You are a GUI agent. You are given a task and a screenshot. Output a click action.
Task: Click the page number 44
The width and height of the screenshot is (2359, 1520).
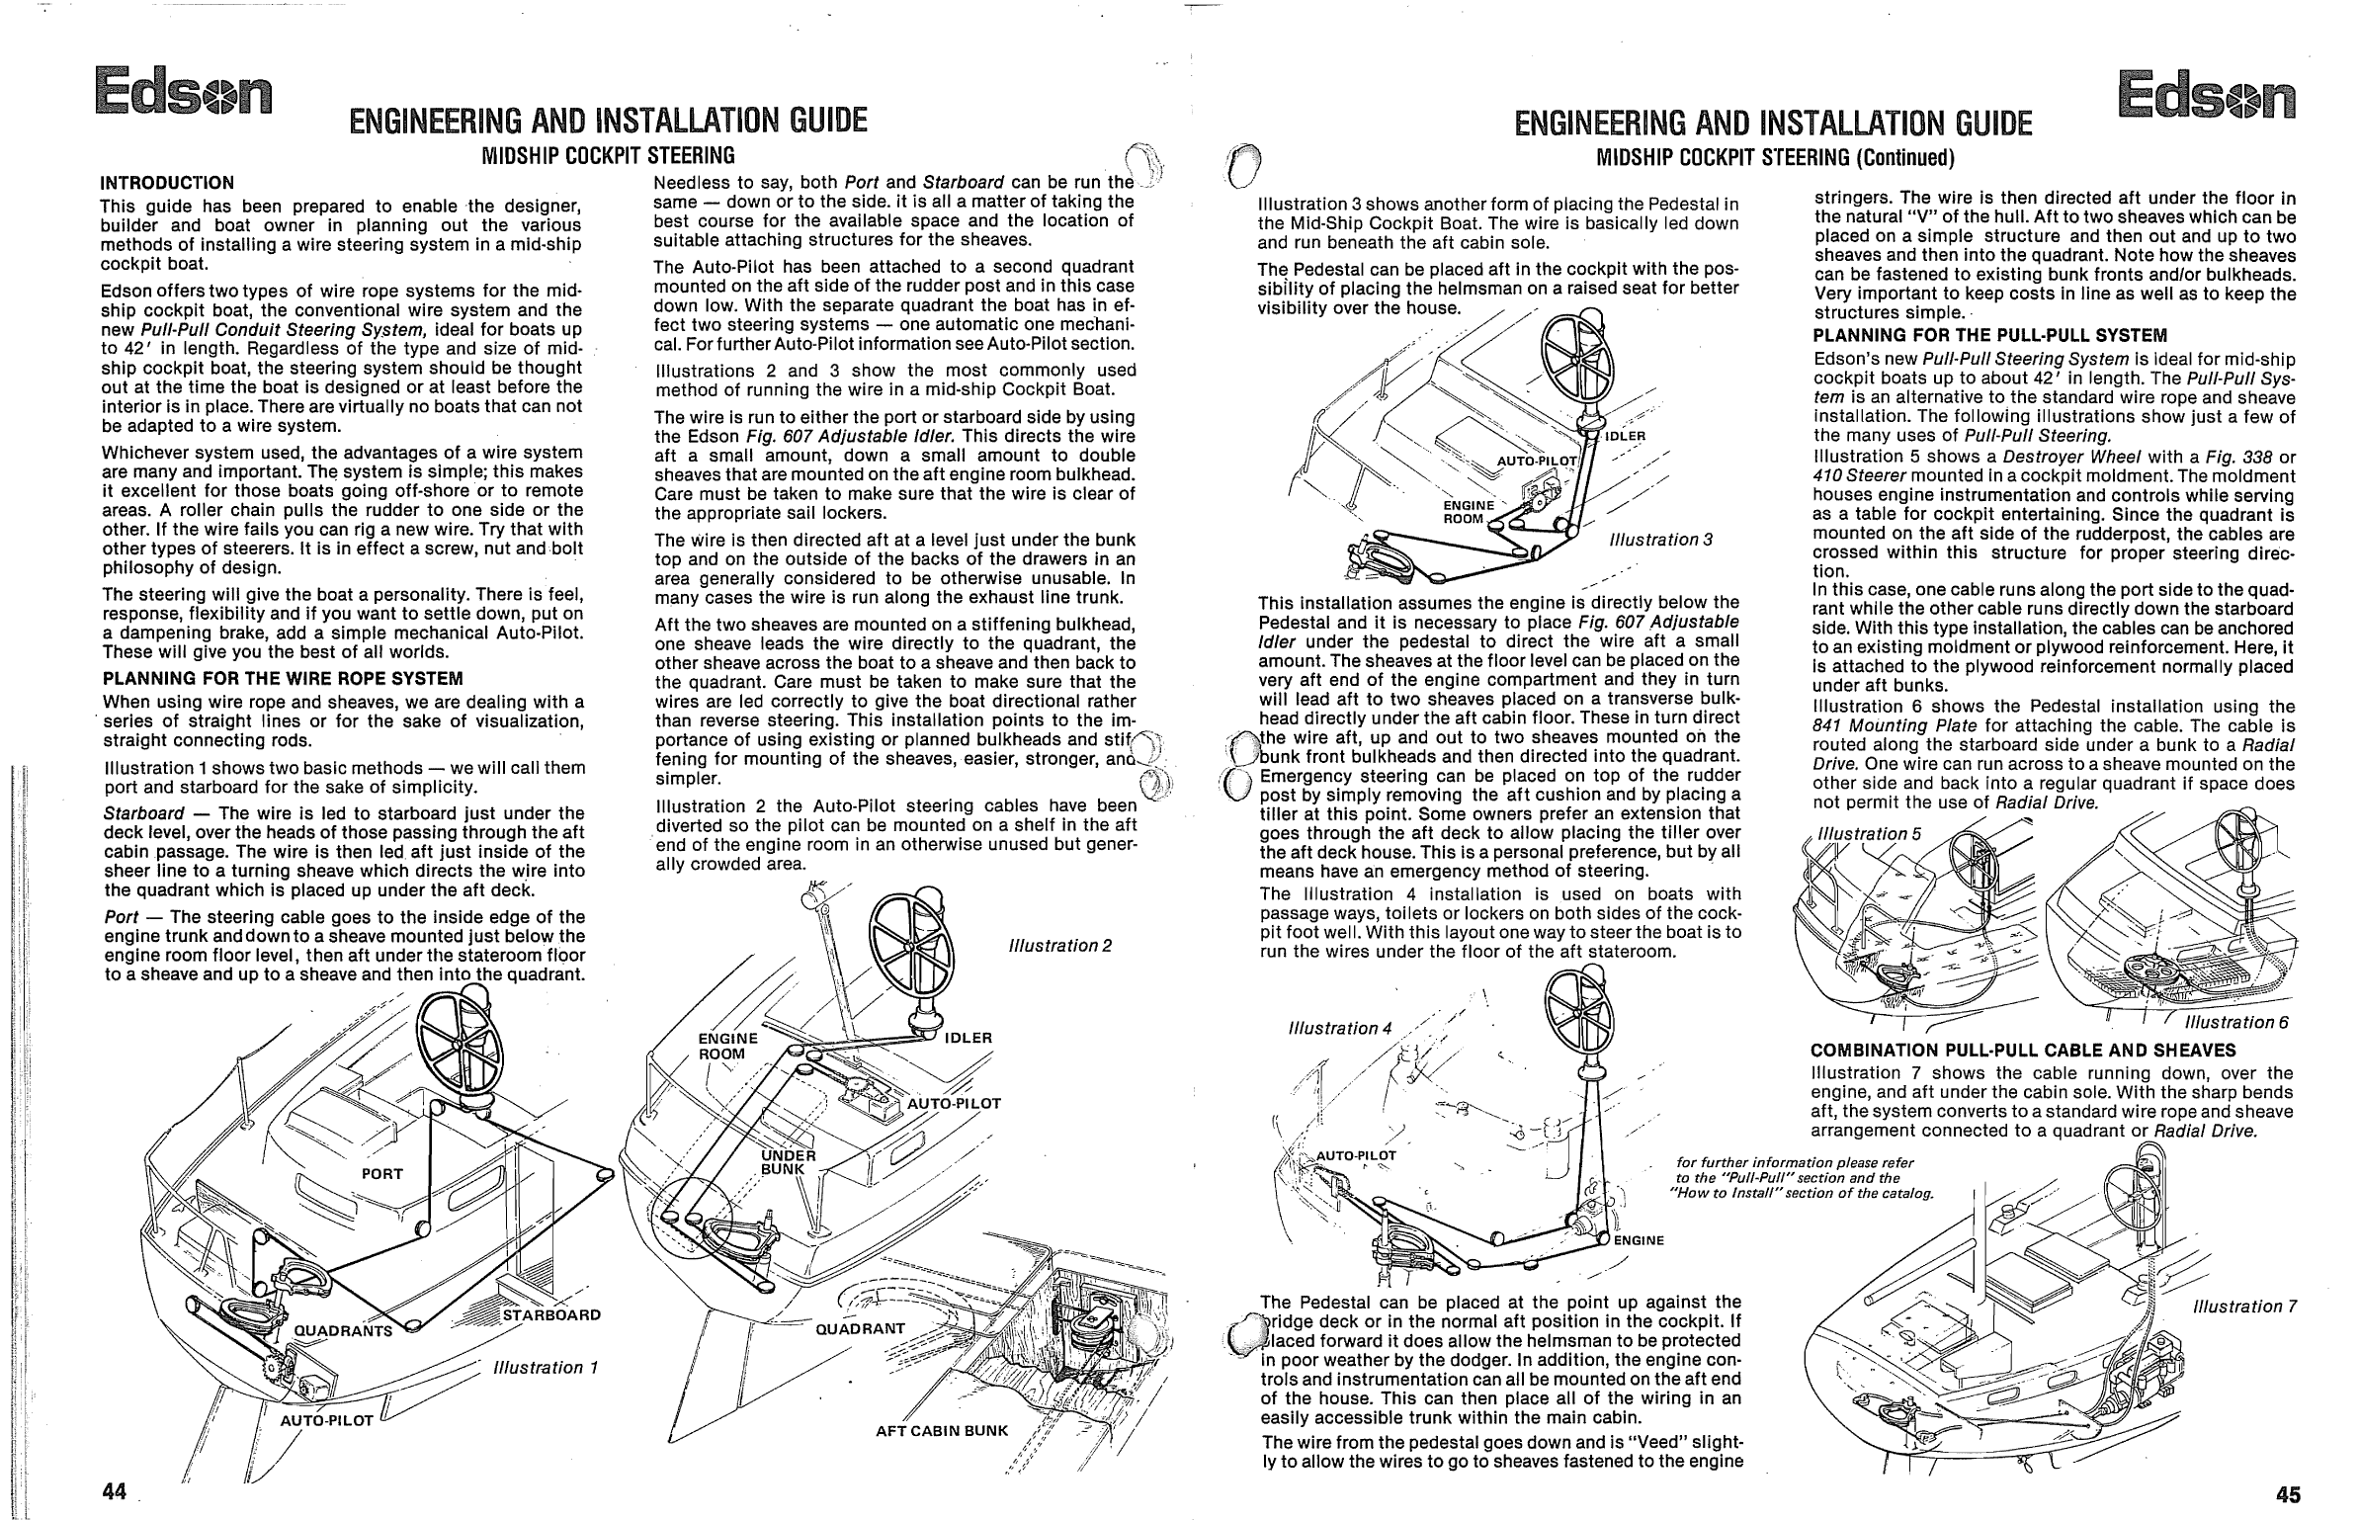pos(115,1492)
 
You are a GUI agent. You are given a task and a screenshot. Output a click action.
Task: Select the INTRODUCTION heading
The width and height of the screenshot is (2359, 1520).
pos(167,183)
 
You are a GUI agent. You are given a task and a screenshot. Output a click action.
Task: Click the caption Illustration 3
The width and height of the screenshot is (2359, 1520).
pos(1660,540)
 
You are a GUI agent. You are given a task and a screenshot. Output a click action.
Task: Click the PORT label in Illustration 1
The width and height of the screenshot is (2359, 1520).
pos(382,1174)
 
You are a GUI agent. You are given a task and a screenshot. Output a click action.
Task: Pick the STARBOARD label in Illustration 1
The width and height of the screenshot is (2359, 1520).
pos(551,1315)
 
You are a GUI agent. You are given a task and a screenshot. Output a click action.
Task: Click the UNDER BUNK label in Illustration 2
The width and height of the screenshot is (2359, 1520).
pos(788,1163)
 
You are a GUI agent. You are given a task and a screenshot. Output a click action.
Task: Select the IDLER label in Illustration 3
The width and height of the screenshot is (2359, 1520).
pos(1625,436)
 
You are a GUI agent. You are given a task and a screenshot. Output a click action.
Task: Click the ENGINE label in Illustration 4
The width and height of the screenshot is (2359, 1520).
pos(1639,1240)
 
